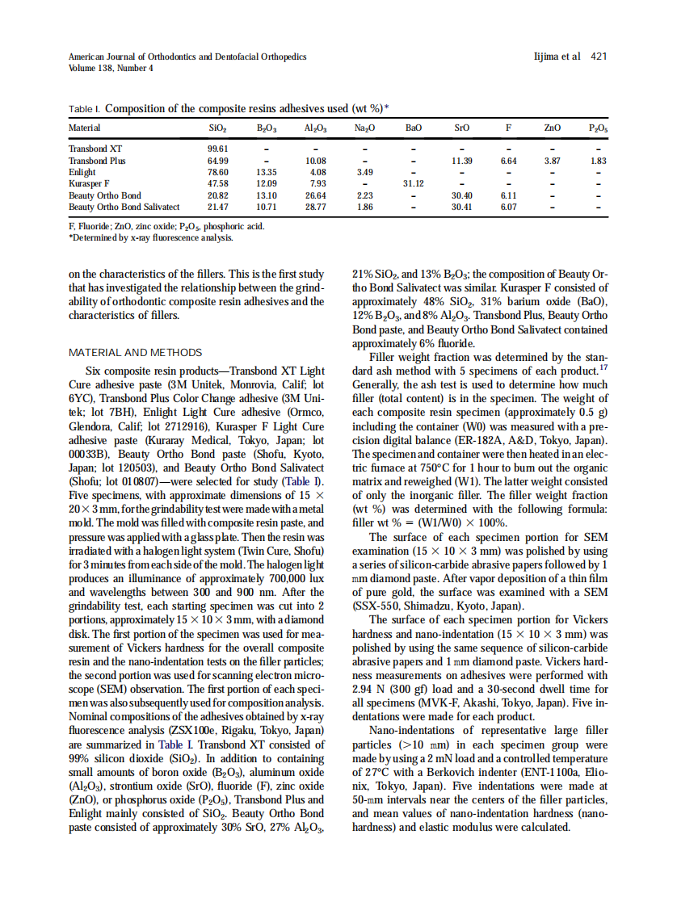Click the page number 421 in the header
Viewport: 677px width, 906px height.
pos(599,57)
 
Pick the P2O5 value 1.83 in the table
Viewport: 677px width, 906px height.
pos(598,161)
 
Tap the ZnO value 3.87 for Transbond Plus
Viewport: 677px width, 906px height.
pos(552,161)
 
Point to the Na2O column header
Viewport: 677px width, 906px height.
pos(364,128)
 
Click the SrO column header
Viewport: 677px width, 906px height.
pos(461,128)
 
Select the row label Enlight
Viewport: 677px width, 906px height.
pos(82,172)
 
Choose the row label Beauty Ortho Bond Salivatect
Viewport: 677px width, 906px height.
pos(124,207)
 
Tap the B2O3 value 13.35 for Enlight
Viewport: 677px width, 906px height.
pos(267,172)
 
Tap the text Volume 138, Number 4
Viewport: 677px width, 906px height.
pos(111,68)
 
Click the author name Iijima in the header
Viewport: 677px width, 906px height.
pos(550,57)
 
